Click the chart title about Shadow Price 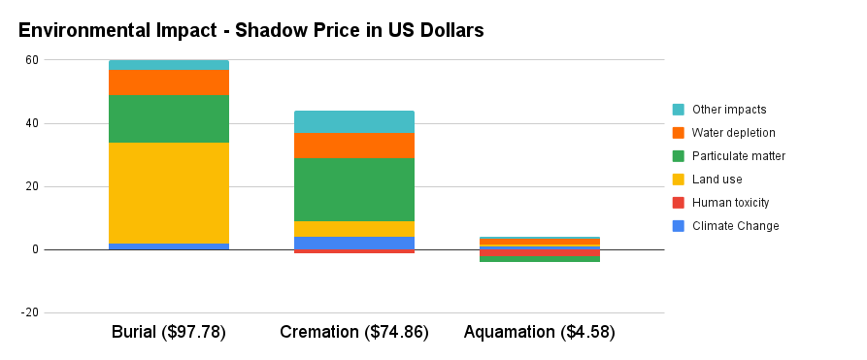click(x=250, y=30)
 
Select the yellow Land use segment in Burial click(x=169, y=192)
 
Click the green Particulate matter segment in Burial click(x=169, y=118)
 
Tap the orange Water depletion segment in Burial click(x=169, y=82)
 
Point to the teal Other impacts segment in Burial click(x=169, y=64)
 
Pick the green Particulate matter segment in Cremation click(x=354, y=189)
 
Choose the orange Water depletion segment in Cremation click(x=354, y=146)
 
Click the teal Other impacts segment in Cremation click(x=354, y=121)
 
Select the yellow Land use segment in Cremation click(x=354, y=229)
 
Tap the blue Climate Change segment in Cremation click(x=354, y=243)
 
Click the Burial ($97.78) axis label click(x=169, y=332)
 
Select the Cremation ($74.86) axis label click(x=354, y=332)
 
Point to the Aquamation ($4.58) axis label click(x=540, y=332)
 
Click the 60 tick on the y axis click(x=32, y=60)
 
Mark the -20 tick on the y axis click(x=30, y=313)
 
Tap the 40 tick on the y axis click(x=32, y=123)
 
